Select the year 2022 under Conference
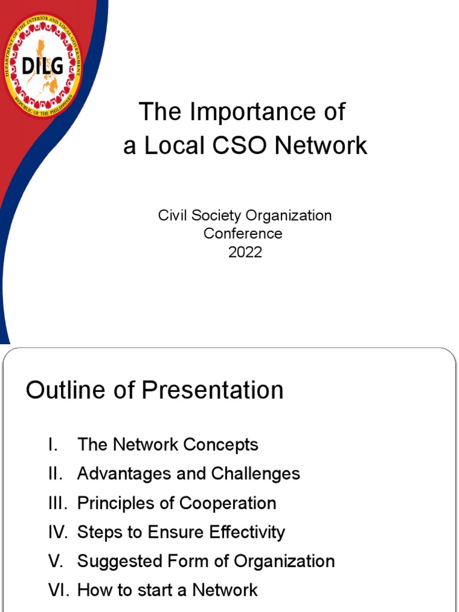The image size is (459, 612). [x=245, y=252]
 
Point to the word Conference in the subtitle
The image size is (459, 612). [x=243, y=233]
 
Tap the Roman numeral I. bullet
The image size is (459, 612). [x=53, y=445]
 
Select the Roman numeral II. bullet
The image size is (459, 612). [x=56, y=474]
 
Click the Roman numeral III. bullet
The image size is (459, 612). [x=57, y=503]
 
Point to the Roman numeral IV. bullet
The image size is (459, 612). [x=59, y=532]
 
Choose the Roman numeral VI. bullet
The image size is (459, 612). [x=59, y=590]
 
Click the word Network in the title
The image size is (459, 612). [x=326, y=145]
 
